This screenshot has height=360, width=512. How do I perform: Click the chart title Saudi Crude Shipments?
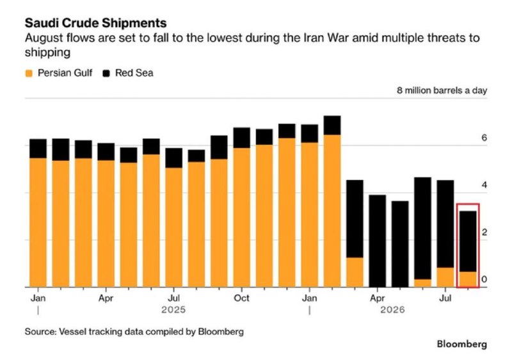[95, 23]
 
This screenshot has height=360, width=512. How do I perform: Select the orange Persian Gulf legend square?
[29, 73]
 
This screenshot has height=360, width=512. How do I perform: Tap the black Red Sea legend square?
[106, 73]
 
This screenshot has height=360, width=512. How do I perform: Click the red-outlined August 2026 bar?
[468, 246]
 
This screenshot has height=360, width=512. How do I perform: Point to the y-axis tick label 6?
[484, 138]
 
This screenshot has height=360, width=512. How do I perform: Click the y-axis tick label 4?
[484, 185]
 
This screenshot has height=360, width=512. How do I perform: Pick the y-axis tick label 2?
[484, 233]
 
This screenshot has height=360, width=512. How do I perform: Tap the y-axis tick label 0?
[484, 279]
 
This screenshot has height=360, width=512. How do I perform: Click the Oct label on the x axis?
[242, 299]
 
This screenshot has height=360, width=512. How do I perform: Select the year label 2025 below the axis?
[173, 309]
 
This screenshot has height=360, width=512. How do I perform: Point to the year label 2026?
[392, 309]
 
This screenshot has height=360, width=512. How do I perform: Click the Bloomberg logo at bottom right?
[461, 345]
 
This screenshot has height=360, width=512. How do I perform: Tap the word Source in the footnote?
[40, 332]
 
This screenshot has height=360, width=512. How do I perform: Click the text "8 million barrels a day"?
[442, 90]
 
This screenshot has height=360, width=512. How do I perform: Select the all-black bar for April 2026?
[378, 241]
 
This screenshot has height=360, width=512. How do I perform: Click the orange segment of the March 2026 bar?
[355, 272]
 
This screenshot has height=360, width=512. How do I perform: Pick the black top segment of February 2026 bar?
[332, 126]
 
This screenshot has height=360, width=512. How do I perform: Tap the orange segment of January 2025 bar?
[38, 223]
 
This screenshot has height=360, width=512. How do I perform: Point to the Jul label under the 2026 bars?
[445, 299]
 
